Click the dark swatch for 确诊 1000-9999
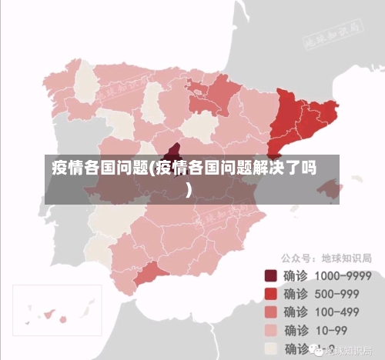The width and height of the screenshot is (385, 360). point(270,275)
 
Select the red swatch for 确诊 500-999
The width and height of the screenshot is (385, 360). point(270,293)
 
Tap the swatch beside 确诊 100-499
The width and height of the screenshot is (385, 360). point(270,312)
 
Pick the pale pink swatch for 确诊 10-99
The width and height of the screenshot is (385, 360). point(270,330)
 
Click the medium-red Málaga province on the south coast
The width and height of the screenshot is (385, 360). point(151,276)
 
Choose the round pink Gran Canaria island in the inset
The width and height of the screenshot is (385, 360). point(62,319)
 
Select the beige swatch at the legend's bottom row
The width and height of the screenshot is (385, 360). point(270,348)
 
